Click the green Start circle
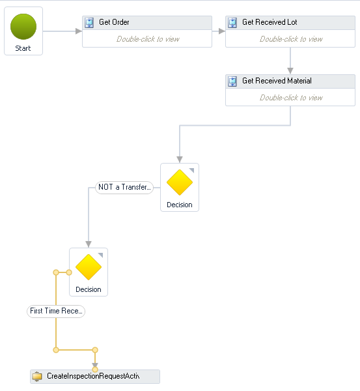point(23,27)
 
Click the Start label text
point(23,48)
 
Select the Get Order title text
point(114,22)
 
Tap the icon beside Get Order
point(89,23)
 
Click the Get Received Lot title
point(270,22)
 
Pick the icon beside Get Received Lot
point(232,23)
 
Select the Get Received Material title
point(277,81)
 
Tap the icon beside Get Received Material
point(232,81)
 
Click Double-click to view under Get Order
point(148,39)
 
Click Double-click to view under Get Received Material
point(291,98)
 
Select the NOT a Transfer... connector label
point(124,187)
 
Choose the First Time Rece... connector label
point(56,311)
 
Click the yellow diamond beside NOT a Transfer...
point(180,182)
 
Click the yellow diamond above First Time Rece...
point(89,267)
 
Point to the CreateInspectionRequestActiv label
point(93,376)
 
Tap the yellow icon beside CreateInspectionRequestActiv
point(37,376)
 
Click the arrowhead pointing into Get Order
point(79,31)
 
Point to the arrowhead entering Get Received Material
point(290,71)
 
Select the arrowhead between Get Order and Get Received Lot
point(222,31)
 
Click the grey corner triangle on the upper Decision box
point(192,170)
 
